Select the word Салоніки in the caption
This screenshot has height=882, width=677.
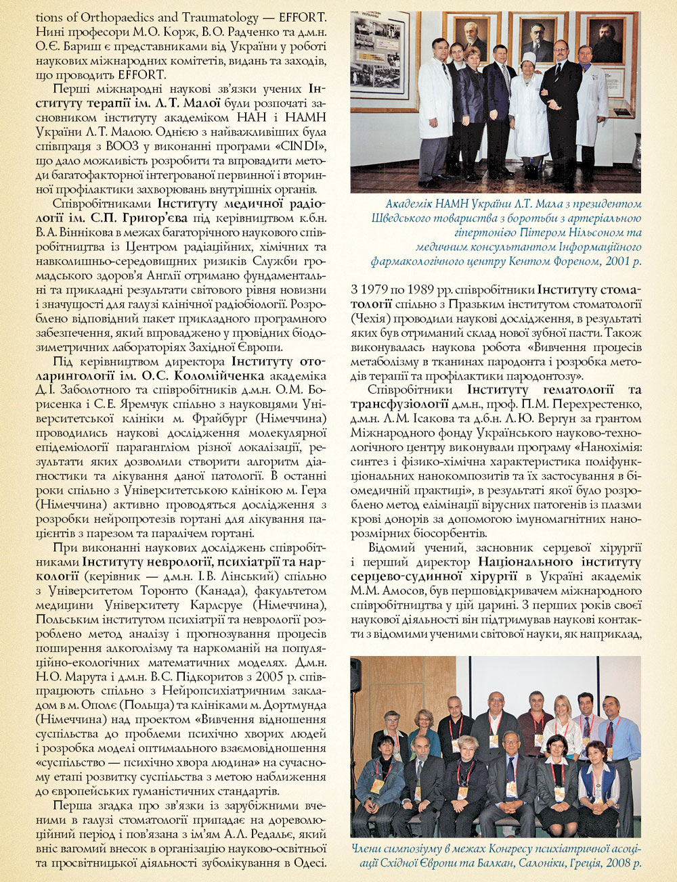519,863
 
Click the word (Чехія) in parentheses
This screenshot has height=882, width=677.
370,318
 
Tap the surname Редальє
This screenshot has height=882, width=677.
265,834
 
